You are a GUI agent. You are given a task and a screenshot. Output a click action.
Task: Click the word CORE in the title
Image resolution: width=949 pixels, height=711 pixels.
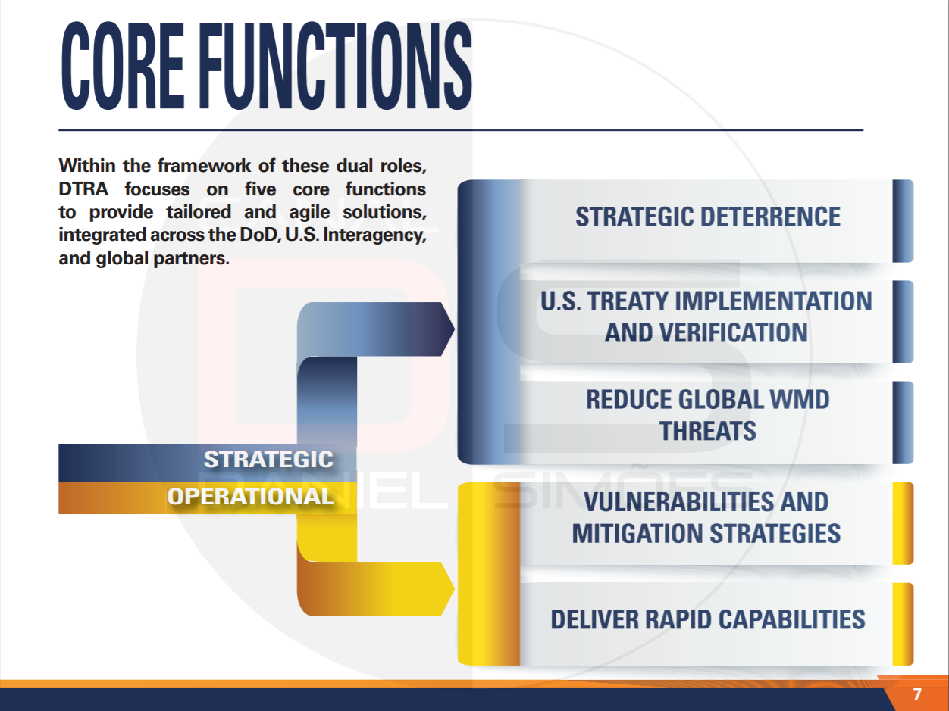124,65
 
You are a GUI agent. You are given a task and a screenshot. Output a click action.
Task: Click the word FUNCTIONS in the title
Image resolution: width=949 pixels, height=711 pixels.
336,65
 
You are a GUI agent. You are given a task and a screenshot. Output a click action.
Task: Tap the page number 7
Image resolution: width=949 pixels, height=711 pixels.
916,694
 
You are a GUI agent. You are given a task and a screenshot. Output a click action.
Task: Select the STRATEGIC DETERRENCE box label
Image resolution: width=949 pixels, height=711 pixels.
708,217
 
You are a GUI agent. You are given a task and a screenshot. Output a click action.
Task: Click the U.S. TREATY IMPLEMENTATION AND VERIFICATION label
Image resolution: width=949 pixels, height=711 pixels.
706,317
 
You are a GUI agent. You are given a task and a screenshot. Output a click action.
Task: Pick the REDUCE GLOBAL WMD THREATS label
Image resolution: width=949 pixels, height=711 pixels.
708,415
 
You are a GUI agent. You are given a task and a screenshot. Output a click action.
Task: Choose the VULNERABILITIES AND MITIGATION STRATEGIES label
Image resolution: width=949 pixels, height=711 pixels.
706,517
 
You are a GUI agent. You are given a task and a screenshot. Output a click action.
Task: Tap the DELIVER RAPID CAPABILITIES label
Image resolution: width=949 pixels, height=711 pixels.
708,619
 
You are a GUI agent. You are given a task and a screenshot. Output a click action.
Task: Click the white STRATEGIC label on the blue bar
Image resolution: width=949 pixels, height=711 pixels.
268,460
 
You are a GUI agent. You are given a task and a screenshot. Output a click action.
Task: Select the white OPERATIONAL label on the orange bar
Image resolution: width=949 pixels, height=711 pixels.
250,497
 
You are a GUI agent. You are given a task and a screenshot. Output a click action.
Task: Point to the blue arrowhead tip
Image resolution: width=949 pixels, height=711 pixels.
454,329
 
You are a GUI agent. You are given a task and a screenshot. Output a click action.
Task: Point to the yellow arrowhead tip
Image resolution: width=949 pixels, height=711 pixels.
454,588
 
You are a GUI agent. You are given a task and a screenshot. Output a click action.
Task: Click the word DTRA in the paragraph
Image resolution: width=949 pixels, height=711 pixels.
83,189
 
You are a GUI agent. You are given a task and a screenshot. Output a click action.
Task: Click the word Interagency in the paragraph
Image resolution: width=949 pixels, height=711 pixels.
374,235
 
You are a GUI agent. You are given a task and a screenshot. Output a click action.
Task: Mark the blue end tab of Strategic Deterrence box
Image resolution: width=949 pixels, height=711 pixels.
903,221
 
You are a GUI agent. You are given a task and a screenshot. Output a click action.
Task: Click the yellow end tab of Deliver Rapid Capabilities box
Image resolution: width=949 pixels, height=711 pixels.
903,624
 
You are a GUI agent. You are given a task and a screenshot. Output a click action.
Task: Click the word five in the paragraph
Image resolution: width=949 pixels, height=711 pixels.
260,189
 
